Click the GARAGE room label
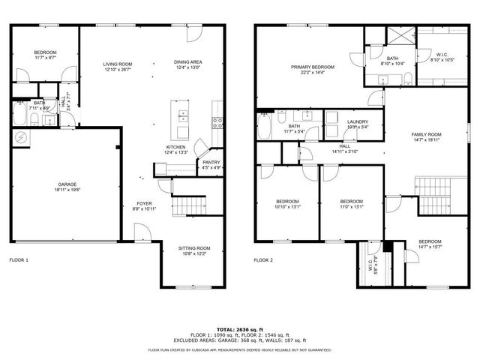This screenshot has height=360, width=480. pos(67,184)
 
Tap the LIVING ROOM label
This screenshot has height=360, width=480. pos(118,64)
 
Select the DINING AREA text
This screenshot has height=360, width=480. pos(188,62)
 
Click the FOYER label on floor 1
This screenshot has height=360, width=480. pos(145,203)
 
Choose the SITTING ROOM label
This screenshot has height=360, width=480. pos(193,248)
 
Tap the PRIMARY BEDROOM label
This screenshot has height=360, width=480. pos(313,67)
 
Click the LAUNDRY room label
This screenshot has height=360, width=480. pos(357,121)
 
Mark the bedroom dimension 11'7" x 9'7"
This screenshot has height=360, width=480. pos(46,58)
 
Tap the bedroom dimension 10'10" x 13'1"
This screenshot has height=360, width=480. pos(288,207)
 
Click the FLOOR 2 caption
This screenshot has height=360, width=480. pos(263,260)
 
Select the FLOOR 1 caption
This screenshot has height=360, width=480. pos(19,260)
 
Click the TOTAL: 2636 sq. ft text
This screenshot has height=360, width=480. pos(240,329)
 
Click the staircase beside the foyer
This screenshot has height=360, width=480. pos(189,203)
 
